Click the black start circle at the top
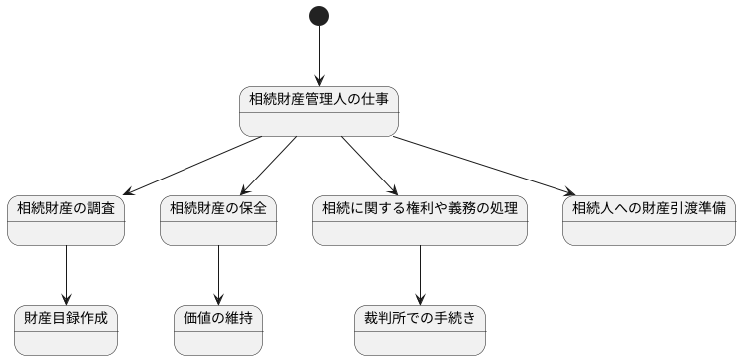tap(319, 16)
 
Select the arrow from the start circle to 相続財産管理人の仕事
tap(319, 56)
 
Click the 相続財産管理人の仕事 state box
tap(319, 111)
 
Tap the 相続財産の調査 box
tap(66, 220)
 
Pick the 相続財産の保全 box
tap(218, 220)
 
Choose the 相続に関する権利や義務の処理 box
tap(420, 220)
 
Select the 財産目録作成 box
tap(66, 330)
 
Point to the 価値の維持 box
tap(218, 330)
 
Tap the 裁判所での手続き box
tap(420, 330)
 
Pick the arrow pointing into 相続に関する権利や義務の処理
tap(369, 166)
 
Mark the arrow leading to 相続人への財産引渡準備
tap(484, 166)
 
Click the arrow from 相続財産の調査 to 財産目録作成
tap(66, 275)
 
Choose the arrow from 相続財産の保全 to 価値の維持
tap(218, 275)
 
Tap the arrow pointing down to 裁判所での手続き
tap(420, 275)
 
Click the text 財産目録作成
tap(66, 319)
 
